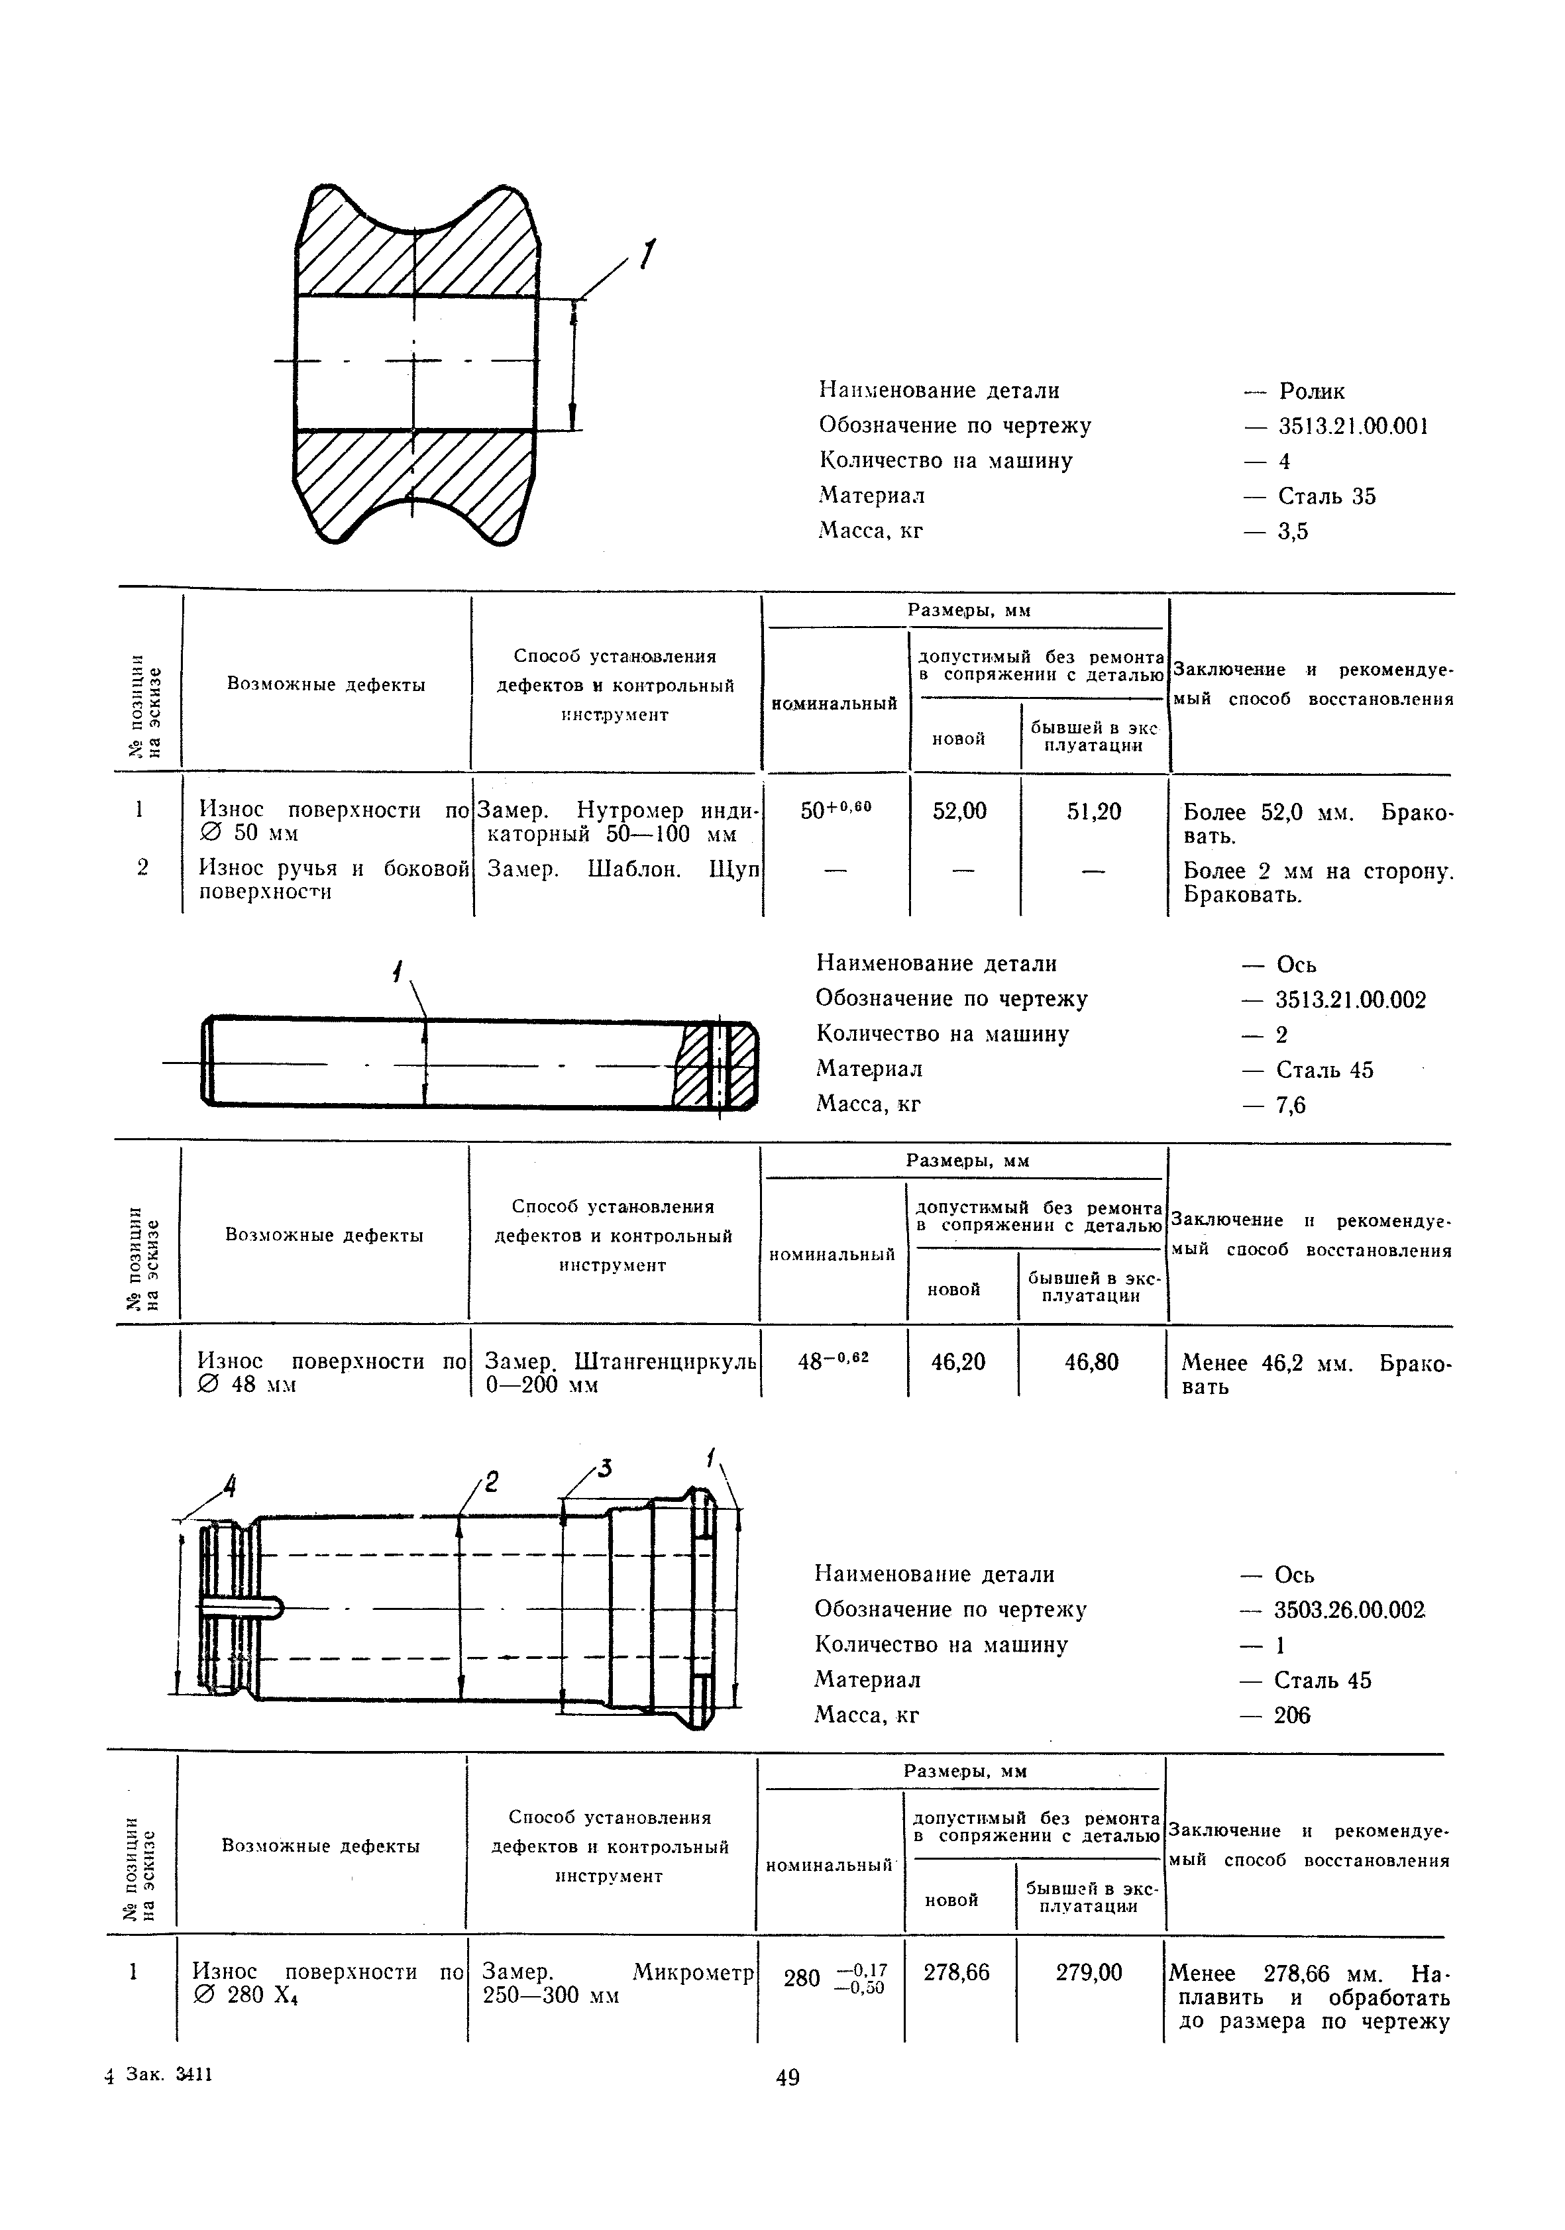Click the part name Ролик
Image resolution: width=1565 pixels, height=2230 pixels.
pyautogui.click(x=1311, y=392)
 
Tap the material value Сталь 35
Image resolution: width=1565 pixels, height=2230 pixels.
pyautogui.click(x=1327, y=496)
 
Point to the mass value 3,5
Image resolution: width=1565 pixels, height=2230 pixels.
pyautogui.click(x=1294, y=531)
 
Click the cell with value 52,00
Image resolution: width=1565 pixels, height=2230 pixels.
pyautogui.click(x=959, y=811)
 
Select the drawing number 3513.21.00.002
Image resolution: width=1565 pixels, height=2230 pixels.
pyautogui.click(x=1350, y=1000)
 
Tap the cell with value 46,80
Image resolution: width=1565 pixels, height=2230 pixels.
pyautogui.click(x=1091, y=1361)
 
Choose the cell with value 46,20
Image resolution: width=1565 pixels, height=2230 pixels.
pyautogui.click(x=958, y=1361)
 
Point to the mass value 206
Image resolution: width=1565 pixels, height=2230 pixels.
pyautogui.click(x=1292, y=1715)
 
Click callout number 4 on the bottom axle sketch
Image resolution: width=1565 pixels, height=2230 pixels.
pyautogui.click(x=230, y=1486)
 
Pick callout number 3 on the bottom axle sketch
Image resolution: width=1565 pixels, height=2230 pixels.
pyautogui.click(x=604, y=1469)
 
